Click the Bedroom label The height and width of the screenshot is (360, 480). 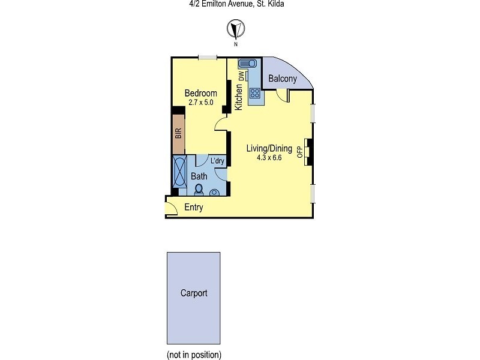pos(200,93)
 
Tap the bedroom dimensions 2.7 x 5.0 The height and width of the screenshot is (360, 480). pos(200,102)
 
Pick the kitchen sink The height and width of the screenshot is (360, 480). pos(247,63)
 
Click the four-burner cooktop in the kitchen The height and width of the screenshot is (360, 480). pos(254,93)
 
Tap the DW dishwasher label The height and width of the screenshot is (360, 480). pos(241,76)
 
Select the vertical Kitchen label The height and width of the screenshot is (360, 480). pos(239,96)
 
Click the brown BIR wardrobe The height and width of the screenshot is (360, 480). pos(178,135)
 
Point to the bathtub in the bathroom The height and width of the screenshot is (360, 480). pos(180,172)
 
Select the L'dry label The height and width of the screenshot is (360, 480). pos(217,161)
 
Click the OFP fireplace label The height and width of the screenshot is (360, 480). pos(300,151)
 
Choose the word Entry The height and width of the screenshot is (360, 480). pos(194,208)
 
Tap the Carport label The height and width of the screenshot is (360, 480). pos(194,293)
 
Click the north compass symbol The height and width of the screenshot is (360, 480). pos(236,28)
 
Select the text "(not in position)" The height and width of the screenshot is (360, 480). pos(194,354)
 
